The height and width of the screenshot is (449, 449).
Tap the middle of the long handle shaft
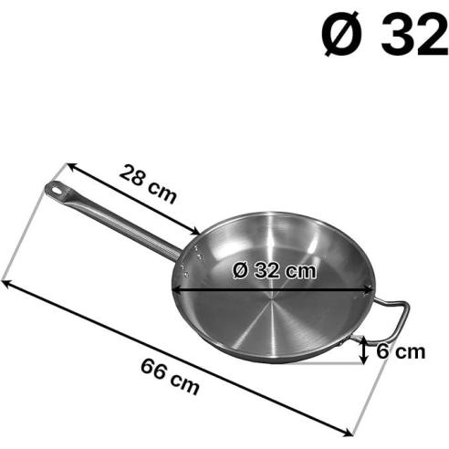(x=119, y=220)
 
